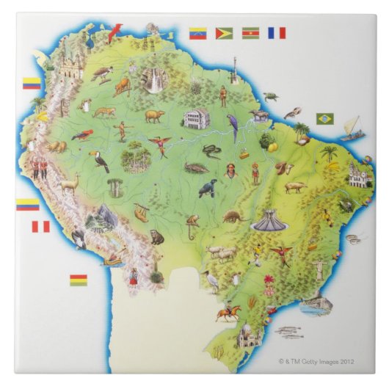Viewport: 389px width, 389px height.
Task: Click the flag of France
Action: (276, 33)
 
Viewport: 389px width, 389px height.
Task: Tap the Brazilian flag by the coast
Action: (324, 118)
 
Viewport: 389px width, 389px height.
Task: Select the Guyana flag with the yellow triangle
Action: (224, 33)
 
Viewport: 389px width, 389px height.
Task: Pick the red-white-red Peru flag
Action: (40, 227)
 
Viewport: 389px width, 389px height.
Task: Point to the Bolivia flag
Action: (78, 280)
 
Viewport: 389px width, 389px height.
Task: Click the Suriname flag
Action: (250, 33)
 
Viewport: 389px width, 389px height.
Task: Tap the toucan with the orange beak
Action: (99, 160)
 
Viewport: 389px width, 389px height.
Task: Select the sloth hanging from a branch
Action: (141, 213)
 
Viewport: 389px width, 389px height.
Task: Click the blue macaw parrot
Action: (233, 126)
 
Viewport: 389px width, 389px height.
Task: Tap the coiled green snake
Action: (211, 151)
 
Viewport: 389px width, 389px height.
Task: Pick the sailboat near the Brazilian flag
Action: (351, 128)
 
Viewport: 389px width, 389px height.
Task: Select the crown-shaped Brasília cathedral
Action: (268, 220)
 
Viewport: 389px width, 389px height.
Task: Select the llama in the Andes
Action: (70, 181)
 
